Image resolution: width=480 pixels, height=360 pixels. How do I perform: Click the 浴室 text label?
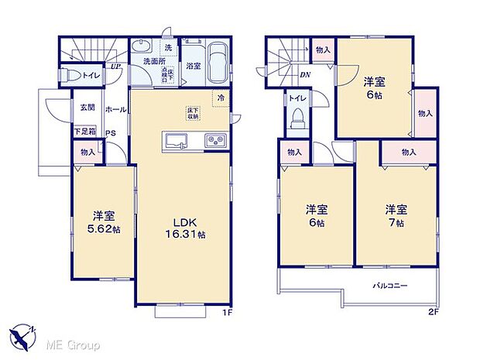(x=193, y=67)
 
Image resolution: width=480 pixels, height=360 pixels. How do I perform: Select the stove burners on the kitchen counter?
(x=214, y=140)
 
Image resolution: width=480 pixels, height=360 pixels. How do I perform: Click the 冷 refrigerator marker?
(x=221, y=98)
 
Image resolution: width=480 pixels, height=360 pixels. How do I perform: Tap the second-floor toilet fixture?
(x=297, y=120)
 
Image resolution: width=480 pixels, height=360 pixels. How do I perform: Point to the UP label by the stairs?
(x=115, y=67)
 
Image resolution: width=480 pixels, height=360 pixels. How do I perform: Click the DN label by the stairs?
(x=305, y=75)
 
